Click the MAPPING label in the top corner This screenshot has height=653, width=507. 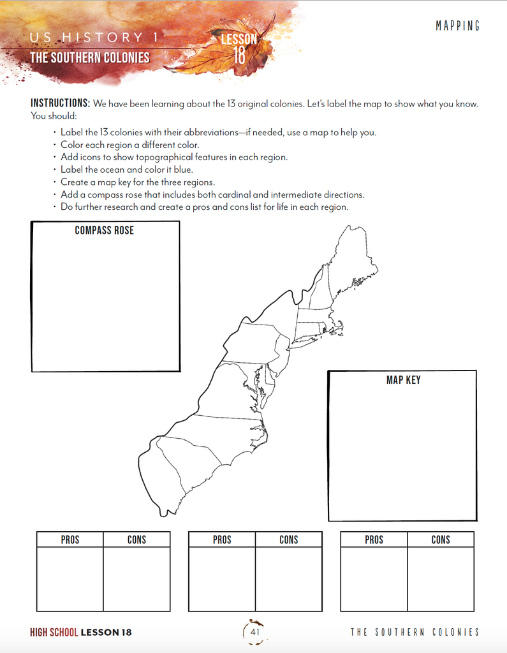tap(458, 26)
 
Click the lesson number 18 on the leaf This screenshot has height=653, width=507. tap(239, 55)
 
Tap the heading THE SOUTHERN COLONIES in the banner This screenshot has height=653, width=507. tap(90, 57)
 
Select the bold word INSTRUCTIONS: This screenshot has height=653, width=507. tap(61, 103)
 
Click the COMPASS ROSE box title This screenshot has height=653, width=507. tap(105, 230)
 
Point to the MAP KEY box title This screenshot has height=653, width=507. tap(403, 380)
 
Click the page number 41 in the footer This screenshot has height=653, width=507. tap(254, 632)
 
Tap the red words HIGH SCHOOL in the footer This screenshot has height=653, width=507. tap(54, 633)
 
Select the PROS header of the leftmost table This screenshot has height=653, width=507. tap(70, 539)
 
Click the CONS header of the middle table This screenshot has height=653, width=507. tap(288, 539)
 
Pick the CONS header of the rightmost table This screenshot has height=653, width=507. tap(441, 539)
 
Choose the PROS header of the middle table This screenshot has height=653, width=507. tap(222, 539)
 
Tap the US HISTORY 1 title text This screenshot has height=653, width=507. tap(93, 38)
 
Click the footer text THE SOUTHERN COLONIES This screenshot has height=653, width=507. tap(415, 633)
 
